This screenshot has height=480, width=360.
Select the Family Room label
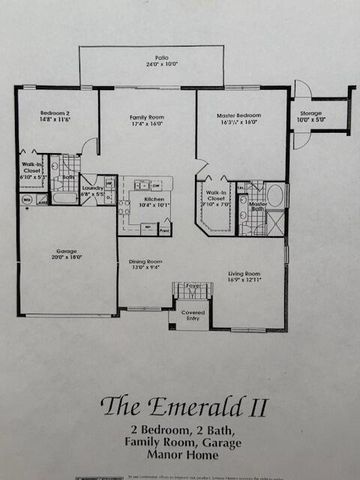coord(147,118)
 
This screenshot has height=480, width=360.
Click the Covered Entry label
coord(193,316)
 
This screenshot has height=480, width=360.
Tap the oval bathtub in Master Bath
coord(275,194)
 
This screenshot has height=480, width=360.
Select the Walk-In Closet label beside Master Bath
coord(215,195)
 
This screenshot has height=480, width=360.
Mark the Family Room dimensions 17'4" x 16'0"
coord(147,125)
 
